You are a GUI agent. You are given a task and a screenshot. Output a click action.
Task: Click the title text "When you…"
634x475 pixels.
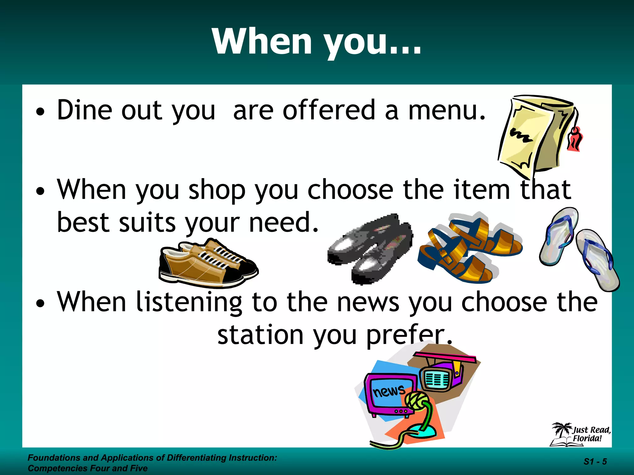316,42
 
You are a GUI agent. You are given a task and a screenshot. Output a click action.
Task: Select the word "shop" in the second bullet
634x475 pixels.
217,190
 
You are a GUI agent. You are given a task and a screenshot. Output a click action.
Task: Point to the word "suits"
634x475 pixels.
147,223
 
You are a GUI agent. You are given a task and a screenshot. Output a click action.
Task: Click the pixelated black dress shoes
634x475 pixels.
370,247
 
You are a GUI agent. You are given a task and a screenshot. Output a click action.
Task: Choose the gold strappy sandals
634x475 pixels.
469,247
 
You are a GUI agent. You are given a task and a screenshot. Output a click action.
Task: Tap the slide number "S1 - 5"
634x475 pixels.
595,462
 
